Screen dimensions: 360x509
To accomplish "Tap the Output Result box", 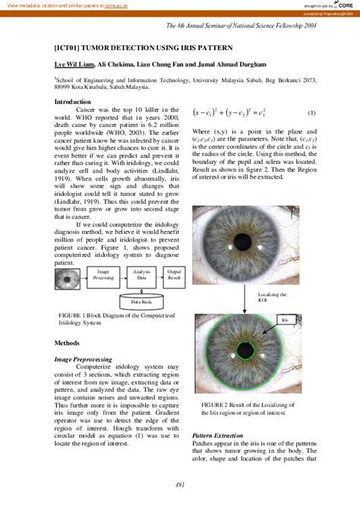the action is coord(175,276).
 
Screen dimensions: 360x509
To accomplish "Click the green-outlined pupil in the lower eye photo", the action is coord(245,350).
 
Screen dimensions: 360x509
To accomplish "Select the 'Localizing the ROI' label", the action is coord(293,297).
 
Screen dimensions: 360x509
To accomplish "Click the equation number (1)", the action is coord(311,112).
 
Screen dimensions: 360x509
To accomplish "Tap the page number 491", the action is coord(180,485).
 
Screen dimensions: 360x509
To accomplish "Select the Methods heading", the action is coord(67,343).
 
